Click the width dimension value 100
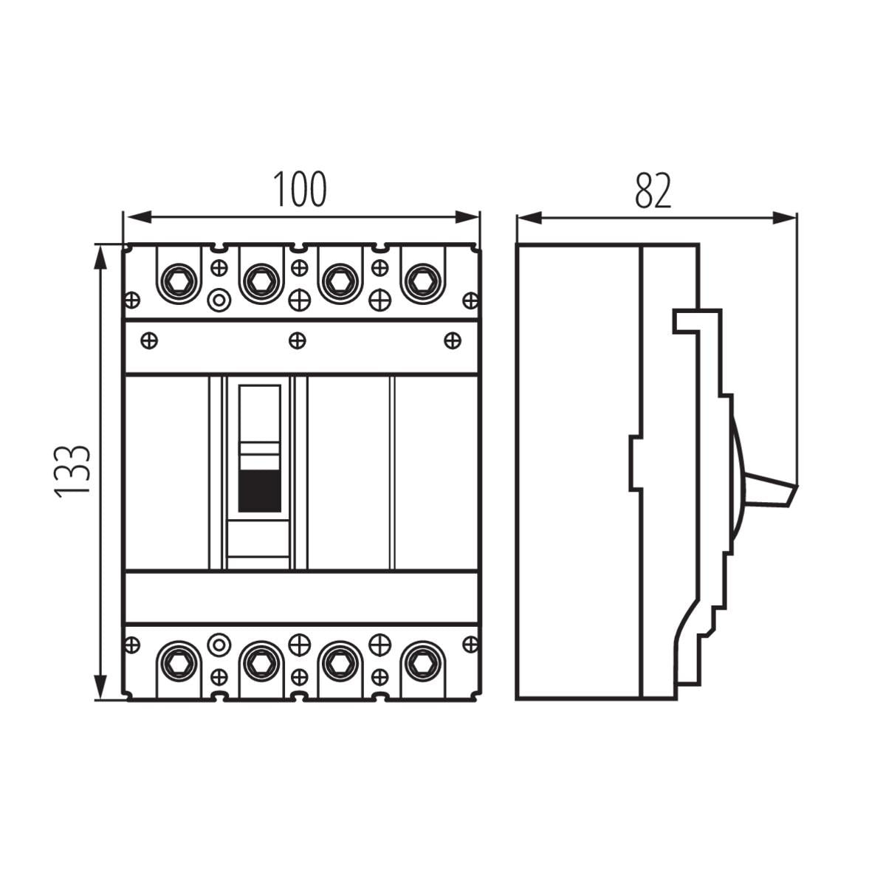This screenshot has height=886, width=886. tap(300, 189)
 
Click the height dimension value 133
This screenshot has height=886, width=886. tap(72, 472)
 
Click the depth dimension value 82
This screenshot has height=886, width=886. tap(653, 190)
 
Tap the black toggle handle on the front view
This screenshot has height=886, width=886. tap(260, 491)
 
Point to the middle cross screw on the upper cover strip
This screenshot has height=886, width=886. tap(298, 341)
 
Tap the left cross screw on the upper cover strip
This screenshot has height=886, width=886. tap(149, 341)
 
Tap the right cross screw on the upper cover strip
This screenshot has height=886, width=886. tap(453, 341)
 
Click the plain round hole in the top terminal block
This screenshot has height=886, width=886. tap(219, 301)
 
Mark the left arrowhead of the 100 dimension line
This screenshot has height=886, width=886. tap(139, 217)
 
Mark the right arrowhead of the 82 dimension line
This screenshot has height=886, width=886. tap(784, 218)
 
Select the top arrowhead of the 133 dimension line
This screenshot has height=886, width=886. tap(100, 258)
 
